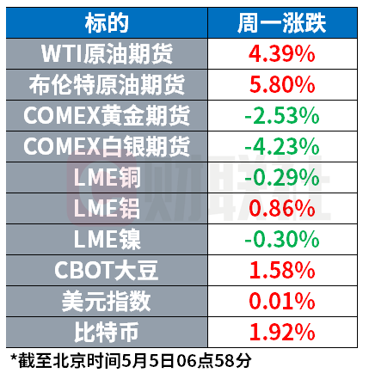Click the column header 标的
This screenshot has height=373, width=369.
(107, 23)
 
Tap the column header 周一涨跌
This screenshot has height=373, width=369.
(282, 23)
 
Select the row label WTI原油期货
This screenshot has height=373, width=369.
(107, 54)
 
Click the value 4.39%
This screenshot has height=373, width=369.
(282, 54)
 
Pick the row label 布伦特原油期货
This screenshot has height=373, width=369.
(107, 85)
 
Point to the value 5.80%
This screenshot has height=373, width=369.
(282, 85)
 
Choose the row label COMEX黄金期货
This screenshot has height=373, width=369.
(107, 116)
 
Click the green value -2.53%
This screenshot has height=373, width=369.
(282, 116)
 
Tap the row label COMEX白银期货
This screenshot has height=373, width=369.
(107, 147)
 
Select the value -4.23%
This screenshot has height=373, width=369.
(282, 147)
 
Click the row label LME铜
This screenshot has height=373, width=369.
(108, 178)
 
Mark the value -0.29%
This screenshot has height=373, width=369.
(282, 178)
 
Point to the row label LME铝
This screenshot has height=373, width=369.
(108, 209)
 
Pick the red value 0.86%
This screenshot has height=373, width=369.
(282, 209)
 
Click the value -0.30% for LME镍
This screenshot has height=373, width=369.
(282, 240)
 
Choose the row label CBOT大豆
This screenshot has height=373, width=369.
(107, 271)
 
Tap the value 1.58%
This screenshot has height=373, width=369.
(282, 271)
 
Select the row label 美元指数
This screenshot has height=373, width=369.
(107, 302)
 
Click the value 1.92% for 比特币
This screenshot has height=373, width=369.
(282, 333)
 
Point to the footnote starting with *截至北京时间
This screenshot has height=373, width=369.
(131, 361)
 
